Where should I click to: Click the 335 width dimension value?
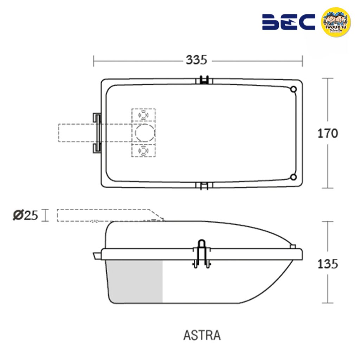click(x=196, y=60)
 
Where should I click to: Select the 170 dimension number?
click(x=327, y=133)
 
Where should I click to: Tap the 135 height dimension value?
click(x=327, y=263)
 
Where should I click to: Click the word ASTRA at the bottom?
click(x=202, y=335)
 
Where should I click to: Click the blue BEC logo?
click(x=288, y=22)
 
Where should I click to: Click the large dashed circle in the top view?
click(x=144, y=133)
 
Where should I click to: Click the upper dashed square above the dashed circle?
click(x=143, y=115)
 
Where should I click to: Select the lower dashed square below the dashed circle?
click(x=143, y=150)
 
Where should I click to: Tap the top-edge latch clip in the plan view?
click(x=204, y=80)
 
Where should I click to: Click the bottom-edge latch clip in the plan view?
click(x=204, y=186)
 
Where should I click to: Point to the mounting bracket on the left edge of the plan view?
click(x=97, y=133)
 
